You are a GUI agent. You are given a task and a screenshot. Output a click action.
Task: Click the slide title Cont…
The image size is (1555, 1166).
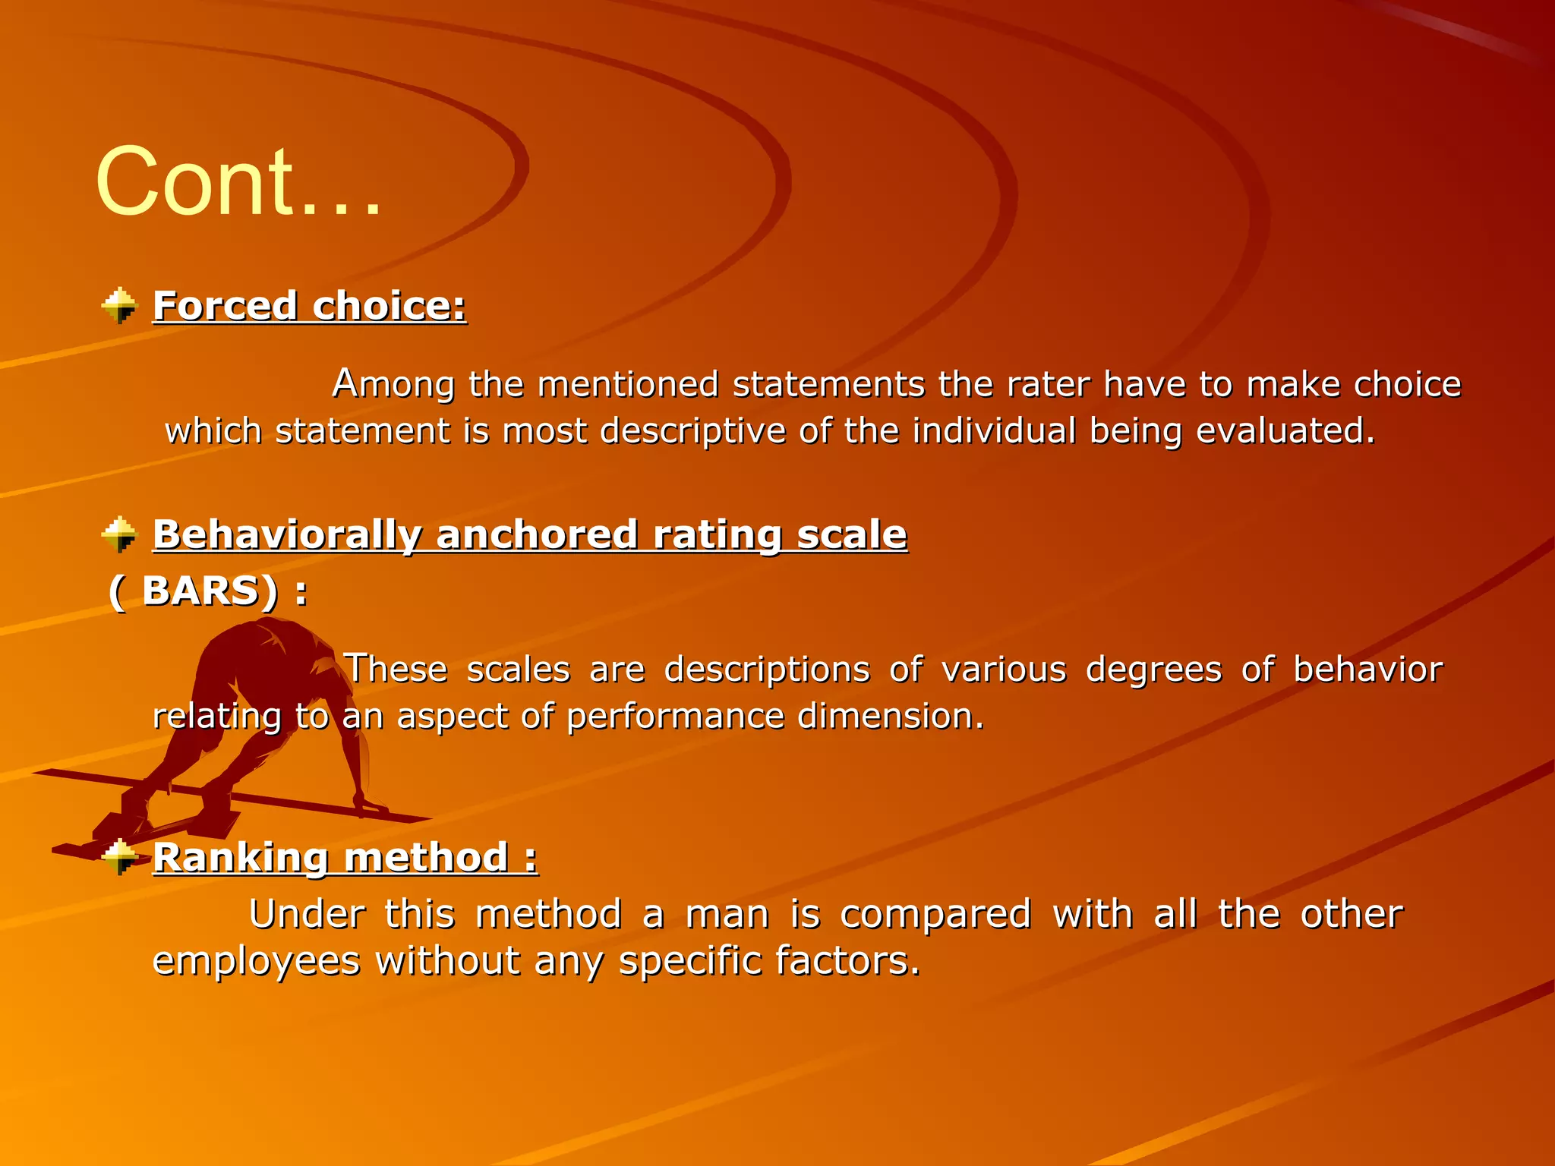pos(239,182)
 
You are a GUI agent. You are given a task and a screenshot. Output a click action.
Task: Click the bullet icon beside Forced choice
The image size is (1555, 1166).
pos(119,306)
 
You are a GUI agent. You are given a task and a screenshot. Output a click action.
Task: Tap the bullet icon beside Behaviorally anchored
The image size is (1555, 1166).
pos(119,534)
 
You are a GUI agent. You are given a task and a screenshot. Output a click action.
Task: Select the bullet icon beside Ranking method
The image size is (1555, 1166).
pos(119,858)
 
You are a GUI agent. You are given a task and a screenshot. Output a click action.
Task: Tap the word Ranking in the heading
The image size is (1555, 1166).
pos(241,858)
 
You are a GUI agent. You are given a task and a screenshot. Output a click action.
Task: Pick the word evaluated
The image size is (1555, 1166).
pos(1285,430)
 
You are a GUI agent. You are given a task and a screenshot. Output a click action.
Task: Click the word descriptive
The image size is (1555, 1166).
pos(692,430)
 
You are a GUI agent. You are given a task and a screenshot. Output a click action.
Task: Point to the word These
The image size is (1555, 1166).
pos(396,670)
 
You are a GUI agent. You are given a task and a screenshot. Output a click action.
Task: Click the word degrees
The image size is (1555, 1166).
pos(1153,670)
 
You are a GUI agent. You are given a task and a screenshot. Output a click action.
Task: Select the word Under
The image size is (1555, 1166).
pos(307,914)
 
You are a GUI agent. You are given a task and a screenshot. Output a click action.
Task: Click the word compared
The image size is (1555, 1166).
pos(935,914)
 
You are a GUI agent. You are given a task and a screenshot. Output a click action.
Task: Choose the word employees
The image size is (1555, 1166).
pos(256,961)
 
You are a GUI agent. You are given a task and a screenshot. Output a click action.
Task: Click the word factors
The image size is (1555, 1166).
pos(847,961)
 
